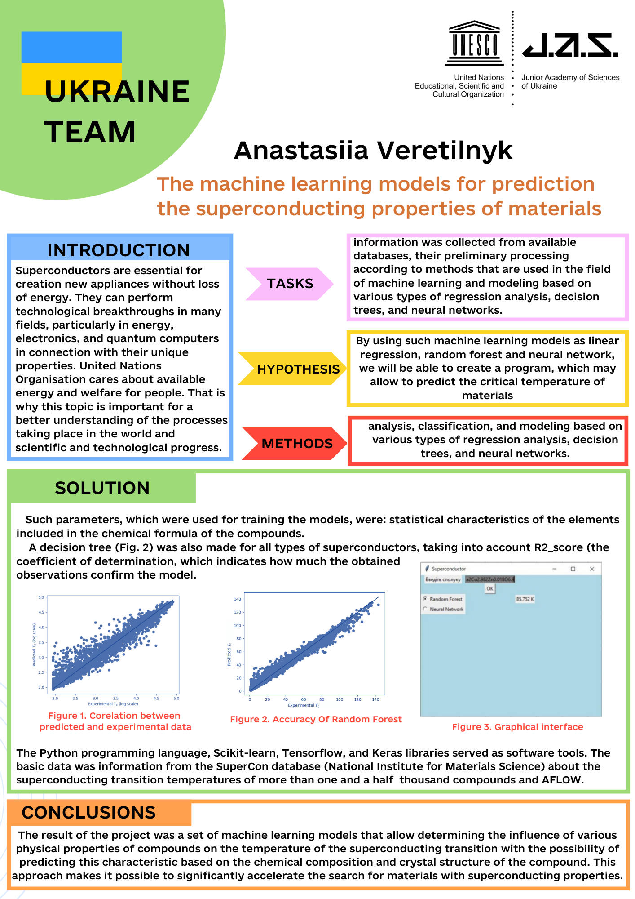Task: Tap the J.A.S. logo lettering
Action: (570, 45)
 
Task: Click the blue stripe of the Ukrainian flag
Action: (71, 47)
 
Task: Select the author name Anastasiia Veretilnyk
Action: (373, 150)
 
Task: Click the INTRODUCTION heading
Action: (119, 250)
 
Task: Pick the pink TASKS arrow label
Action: (290, 284)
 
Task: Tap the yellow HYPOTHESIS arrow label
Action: (298, 369)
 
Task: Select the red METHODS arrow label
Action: (297, 444)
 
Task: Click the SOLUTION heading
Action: (102, 488)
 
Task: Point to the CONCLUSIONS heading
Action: (89, 813)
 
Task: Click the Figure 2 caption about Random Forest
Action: (316, 719)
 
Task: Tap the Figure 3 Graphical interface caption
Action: (517, 727)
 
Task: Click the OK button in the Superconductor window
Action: (490, 588)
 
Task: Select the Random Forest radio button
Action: (425, 599)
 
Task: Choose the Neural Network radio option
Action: (425, 609)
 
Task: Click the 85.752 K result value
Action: (525, 599)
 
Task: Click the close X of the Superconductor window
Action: (592, 569)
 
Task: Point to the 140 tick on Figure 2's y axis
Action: (238, 599)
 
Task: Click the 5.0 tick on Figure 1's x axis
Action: (176, 699)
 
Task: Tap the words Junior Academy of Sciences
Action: (570, 77)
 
